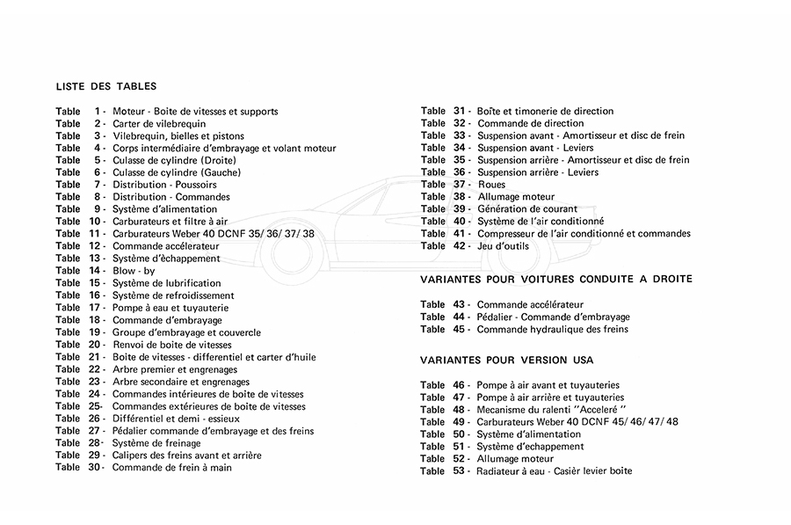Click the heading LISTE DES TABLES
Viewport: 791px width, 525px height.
click(x=106, y=87)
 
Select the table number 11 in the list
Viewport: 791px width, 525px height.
click(x=96, y=234)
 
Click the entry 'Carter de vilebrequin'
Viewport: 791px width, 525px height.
click(x=159, y=124)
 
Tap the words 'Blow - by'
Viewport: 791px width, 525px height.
click(x=134, y=271)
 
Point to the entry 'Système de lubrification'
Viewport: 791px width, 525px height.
click(x=167, y=283)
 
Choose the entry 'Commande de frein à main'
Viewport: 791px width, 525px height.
click(x=172, y=468)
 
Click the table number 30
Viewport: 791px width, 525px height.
click(x=95, y=468)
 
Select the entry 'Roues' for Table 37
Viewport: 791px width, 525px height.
click(x=491, y=185)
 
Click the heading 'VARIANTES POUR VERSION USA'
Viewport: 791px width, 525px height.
click(x=507, y=361)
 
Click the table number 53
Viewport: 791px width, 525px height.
click(x=459, y=470)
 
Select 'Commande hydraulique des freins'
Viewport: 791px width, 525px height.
click(x=553, y=330)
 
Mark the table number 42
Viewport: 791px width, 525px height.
click(x=459, y=246)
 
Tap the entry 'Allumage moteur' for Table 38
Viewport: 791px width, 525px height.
click(x=516, y=197)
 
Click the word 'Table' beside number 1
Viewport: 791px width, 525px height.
click(x=68, y=112)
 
